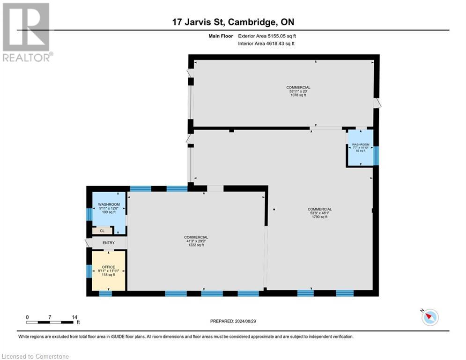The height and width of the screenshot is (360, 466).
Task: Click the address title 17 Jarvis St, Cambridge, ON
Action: click(x=233, y=22)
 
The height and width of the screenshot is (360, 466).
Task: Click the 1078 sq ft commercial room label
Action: click(x=298, y=91)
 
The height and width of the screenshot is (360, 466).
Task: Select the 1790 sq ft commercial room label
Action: click(x=320, y=213)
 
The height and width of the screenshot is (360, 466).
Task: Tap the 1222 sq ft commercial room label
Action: click(x=196, y=241)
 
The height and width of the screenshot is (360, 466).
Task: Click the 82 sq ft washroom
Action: click(x=361, y=147)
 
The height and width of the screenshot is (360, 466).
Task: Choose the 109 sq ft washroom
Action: click(x=109, y=209)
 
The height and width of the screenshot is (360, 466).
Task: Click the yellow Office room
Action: click(x=109, y=270)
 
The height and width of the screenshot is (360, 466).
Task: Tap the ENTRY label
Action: click(x=109, y=242)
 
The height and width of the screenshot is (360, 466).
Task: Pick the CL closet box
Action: click(x=102, y=231)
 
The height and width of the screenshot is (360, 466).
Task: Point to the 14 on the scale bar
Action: click(x=74, y=317)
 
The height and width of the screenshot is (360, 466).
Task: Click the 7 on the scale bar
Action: click(x=50, y=317)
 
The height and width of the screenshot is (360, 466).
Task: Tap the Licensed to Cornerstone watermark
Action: click(x=36, y=357)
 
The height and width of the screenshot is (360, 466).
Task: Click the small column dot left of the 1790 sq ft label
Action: click(x=274, y=209)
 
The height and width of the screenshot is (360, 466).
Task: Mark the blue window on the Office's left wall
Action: click(x=88, y=271)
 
